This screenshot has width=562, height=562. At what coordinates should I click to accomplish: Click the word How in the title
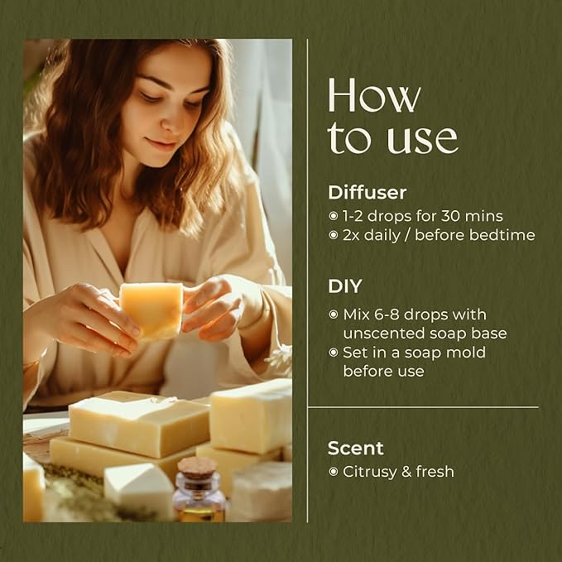pyautogui.click(x=374, y=96)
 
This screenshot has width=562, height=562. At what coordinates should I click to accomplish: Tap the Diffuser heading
pyautogui.click(x=367, y=193)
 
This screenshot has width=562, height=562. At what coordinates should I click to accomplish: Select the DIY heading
pyautogui.click(x=345, y=286)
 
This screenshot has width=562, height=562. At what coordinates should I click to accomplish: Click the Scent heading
pyautogui.click(x=356, y=448)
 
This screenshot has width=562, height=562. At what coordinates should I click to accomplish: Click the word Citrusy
pyautogui.click(x=369, y=472)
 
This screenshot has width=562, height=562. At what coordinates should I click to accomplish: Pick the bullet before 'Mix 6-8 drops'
pyautogui.click(x=334, y=315)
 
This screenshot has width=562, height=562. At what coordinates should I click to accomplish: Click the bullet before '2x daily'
pyautogui.click(x=334, y=235)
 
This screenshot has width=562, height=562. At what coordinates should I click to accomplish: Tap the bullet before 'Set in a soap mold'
pyautogui.click(x=334, y=353)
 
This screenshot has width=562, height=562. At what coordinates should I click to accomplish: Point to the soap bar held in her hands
pyautogui.click(x=151, y=310)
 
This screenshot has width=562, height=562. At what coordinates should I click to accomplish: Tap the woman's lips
pyautogui.click(x=162, y=145)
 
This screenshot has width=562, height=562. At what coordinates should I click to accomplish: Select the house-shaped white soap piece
pyautogui.click(x=139, y=490)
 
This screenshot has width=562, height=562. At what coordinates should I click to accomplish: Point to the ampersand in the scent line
pyautogui.click(x=406, y=472)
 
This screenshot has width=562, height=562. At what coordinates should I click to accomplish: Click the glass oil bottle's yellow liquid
pyautogui.click(x=201, y=513)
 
